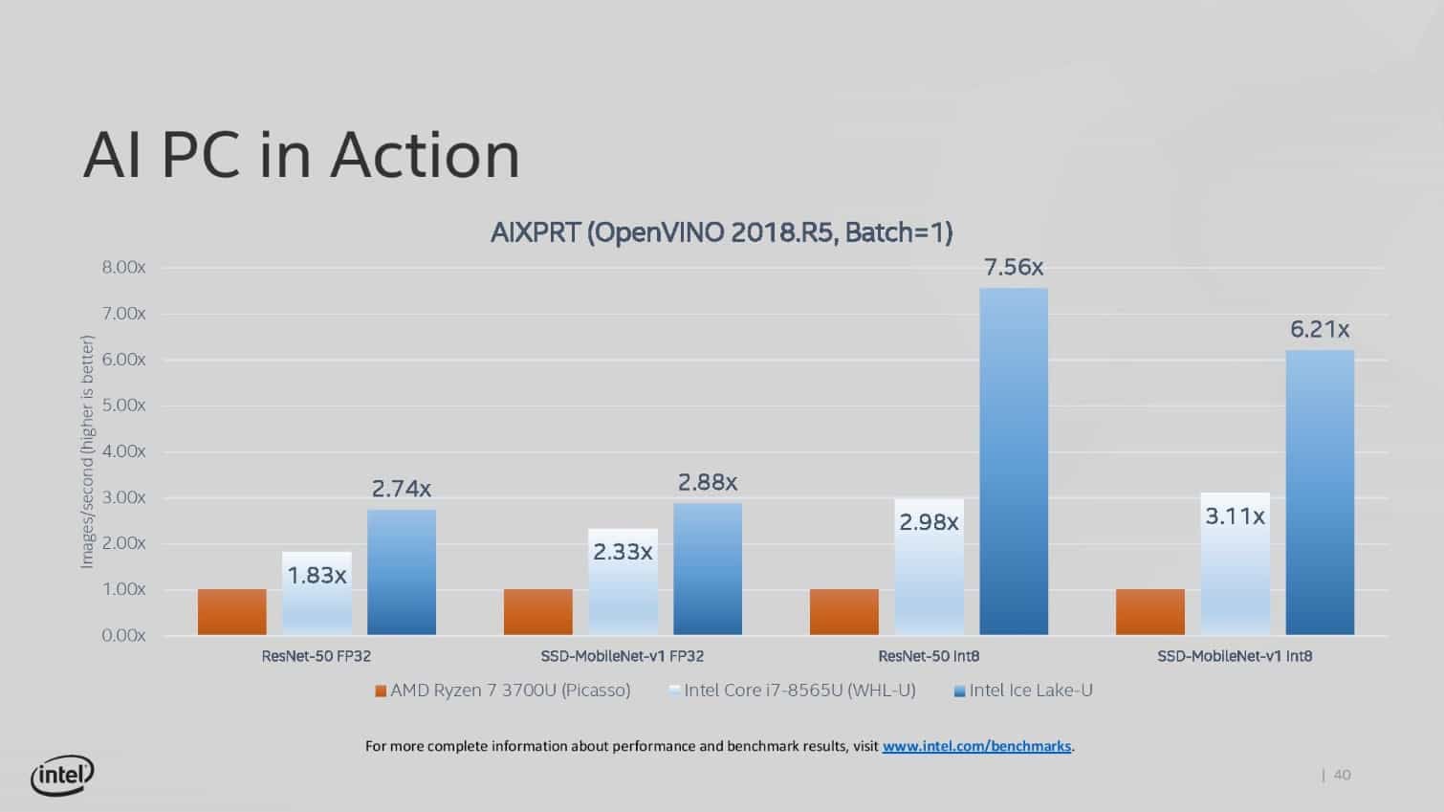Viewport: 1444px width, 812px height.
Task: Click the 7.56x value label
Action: [1014, 268]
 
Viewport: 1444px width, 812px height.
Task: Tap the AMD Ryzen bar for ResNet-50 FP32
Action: [232, 612]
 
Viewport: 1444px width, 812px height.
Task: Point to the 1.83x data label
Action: [317, 576]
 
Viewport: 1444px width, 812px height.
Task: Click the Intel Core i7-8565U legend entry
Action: [793, 691]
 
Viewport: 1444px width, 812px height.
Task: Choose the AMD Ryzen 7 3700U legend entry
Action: [503, 691]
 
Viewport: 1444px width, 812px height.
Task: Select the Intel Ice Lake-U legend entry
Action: [1023, 691]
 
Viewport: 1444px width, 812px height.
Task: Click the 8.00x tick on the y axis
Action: [123, 268]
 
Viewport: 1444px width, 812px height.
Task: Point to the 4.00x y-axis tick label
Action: [123, 451]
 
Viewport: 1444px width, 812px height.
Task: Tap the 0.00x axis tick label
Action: [123, 636]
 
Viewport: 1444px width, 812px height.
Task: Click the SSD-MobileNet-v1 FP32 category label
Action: [622, 656]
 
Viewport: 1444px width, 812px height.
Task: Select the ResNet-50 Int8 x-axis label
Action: [929, 656]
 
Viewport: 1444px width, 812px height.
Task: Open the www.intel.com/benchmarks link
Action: [976, 746]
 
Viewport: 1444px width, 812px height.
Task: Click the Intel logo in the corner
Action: [62, 776]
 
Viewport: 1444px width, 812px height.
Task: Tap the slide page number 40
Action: [1342, 775]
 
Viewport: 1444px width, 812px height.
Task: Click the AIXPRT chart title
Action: [721, 232]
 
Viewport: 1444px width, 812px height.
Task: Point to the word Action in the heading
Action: [426, 156]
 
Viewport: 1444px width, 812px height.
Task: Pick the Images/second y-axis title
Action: [87, 451]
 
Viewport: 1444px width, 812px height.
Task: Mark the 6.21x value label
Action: [1320, 330]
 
